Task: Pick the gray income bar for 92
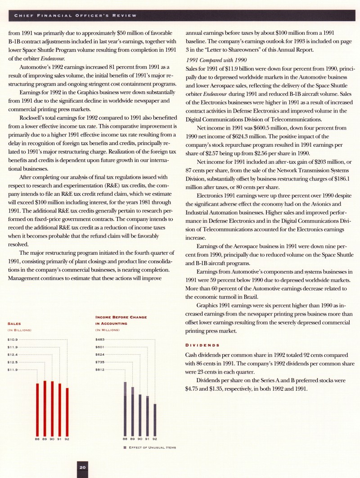(x=155, y=419)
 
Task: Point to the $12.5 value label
(x=12, y=362)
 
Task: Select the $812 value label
(x=100, y=370)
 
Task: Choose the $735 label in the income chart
(x=100, y=362)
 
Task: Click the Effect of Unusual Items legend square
(x=125, y=447)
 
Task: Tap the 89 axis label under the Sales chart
(x=45, y=438)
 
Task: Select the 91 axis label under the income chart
(x=148, y=438)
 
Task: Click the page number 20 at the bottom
(x=83, y=468)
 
